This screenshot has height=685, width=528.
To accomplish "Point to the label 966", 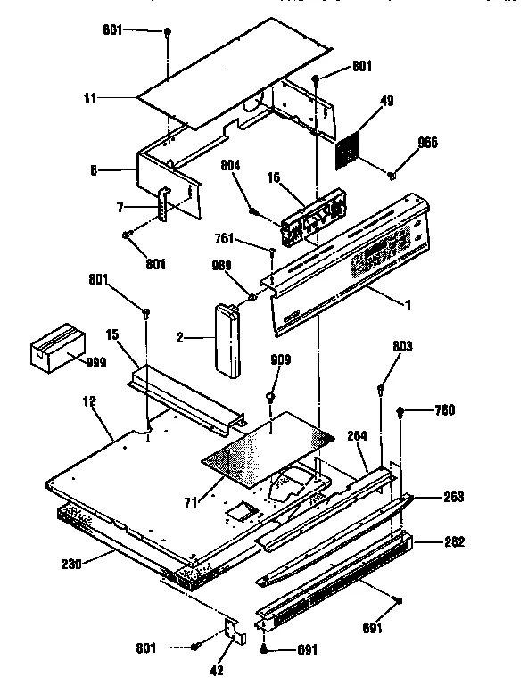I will [x=429, y=143].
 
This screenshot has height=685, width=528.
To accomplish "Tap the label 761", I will [x=226, y=239].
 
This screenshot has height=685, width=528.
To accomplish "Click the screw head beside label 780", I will [x=402, y=411].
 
